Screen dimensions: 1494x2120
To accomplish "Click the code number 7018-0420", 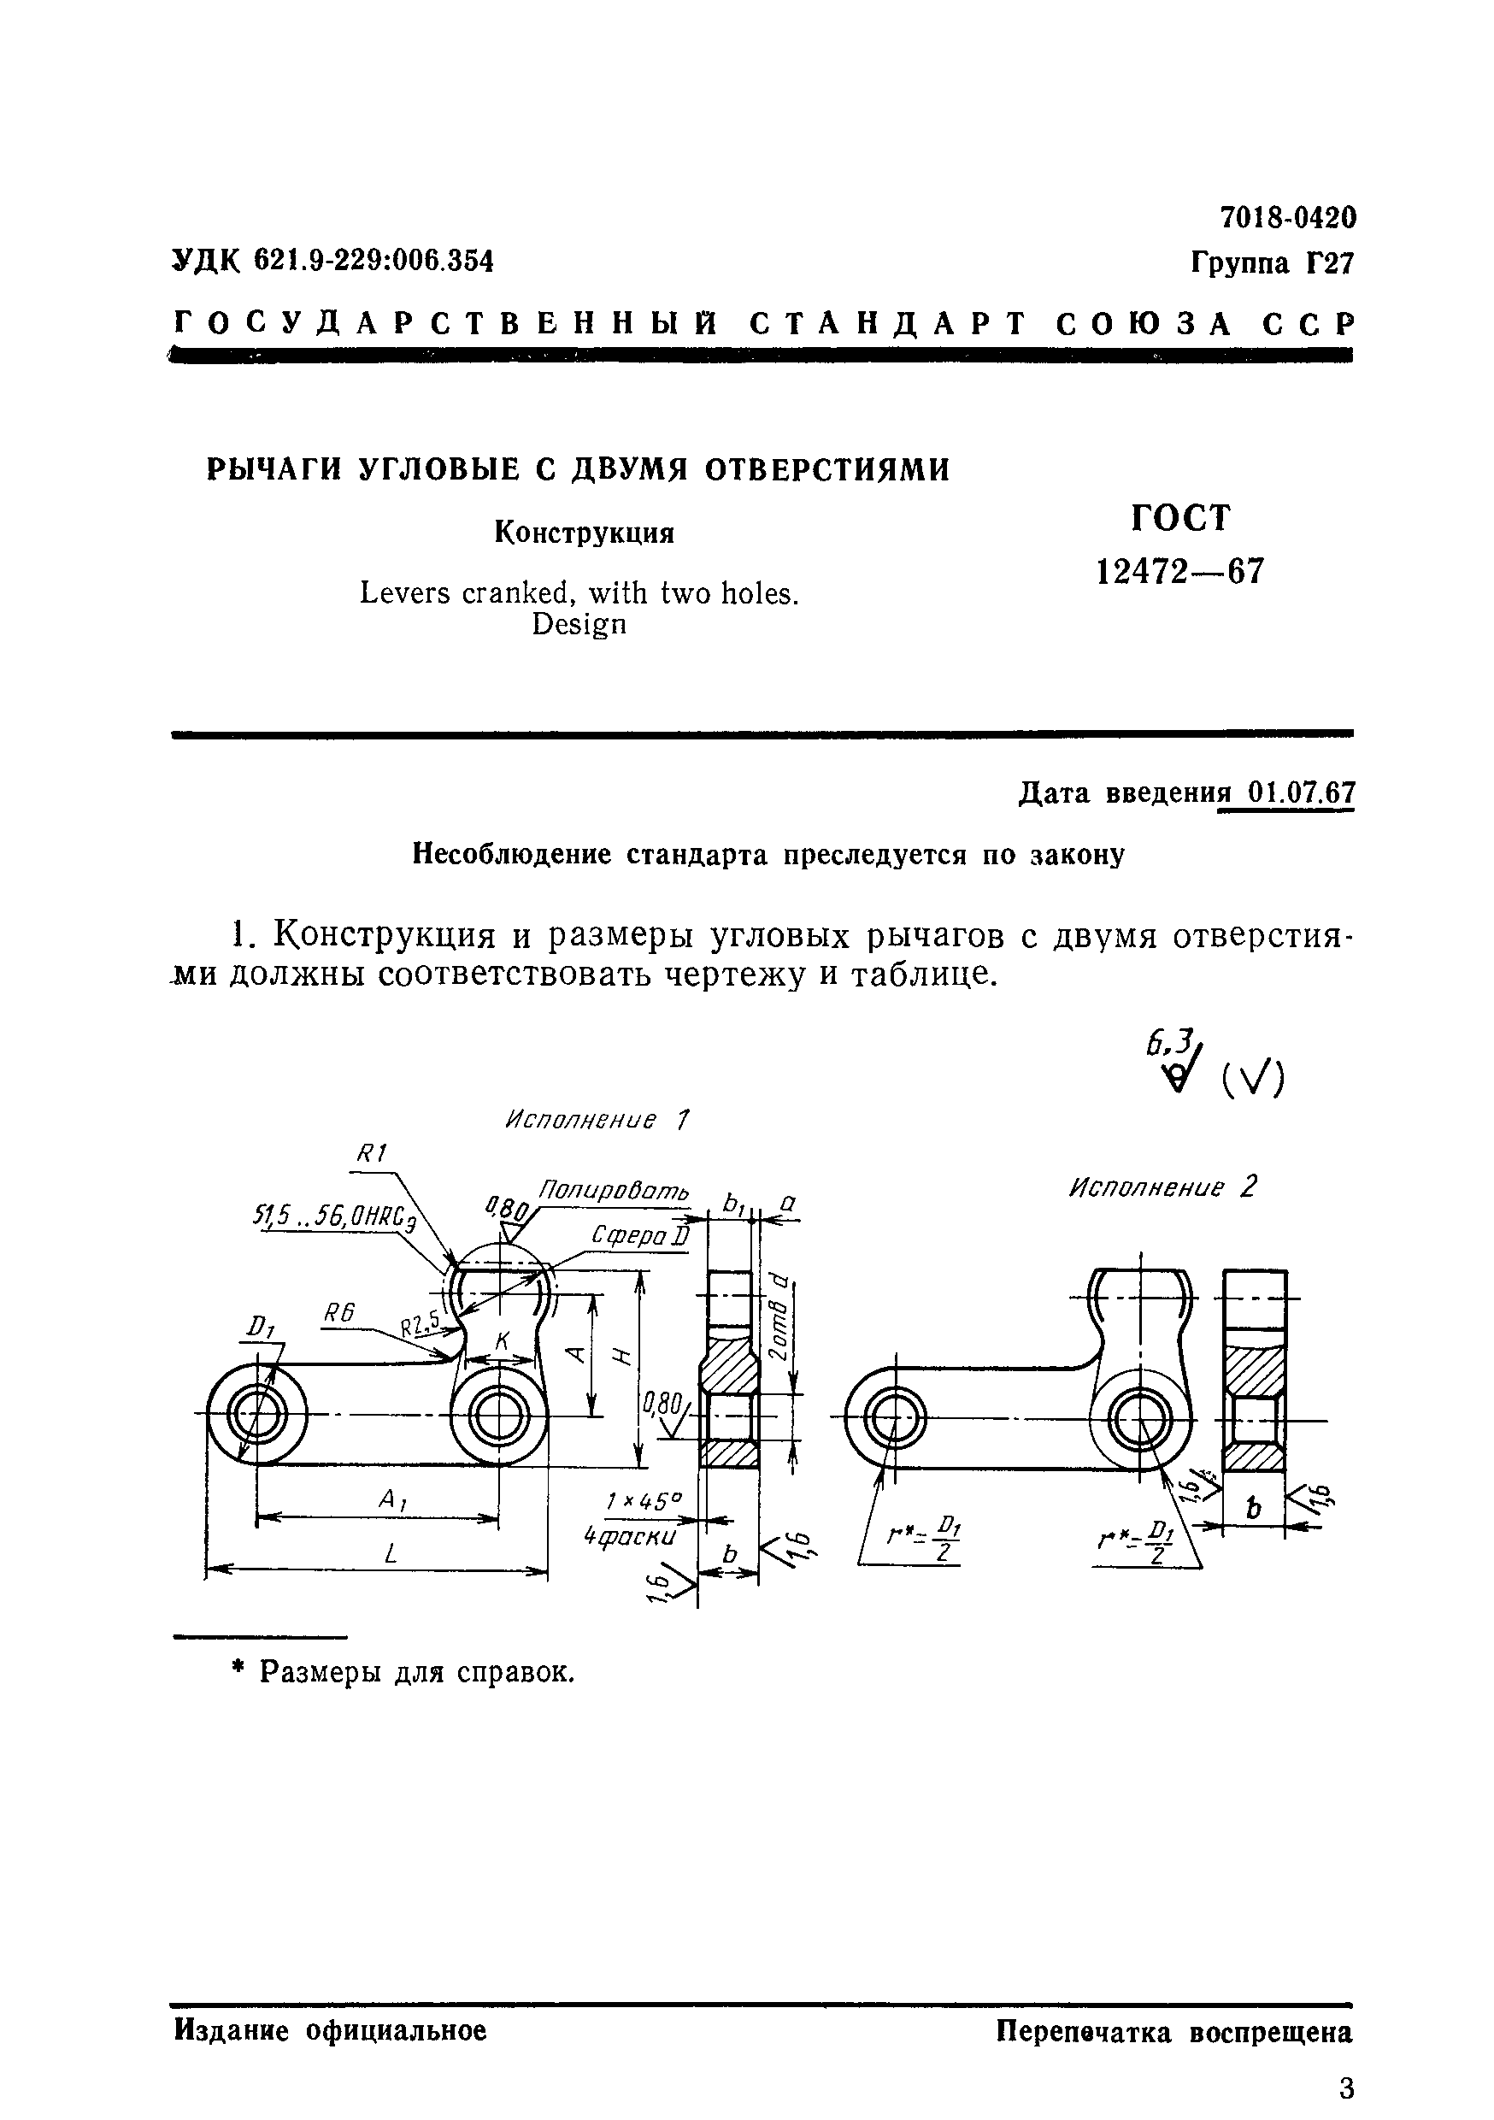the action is pos(1288,218).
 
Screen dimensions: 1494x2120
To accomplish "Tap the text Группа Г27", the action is pos(1272,264).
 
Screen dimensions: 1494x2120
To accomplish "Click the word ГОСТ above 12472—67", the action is pos(1181,518).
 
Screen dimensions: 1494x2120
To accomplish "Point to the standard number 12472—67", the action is pos(1179,573).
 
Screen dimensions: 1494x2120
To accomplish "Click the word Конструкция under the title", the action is pos(585,533).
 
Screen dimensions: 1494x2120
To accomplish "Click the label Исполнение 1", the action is pos(597,1121).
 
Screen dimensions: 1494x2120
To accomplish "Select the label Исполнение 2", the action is pos(1162,1187).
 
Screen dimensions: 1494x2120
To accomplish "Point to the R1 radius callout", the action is pos(371,1153).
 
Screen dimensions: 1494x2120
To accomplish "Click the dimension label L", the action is pos(391,1555).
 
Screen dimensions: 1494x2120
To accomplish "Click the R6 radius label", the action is pos(340,1313).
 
